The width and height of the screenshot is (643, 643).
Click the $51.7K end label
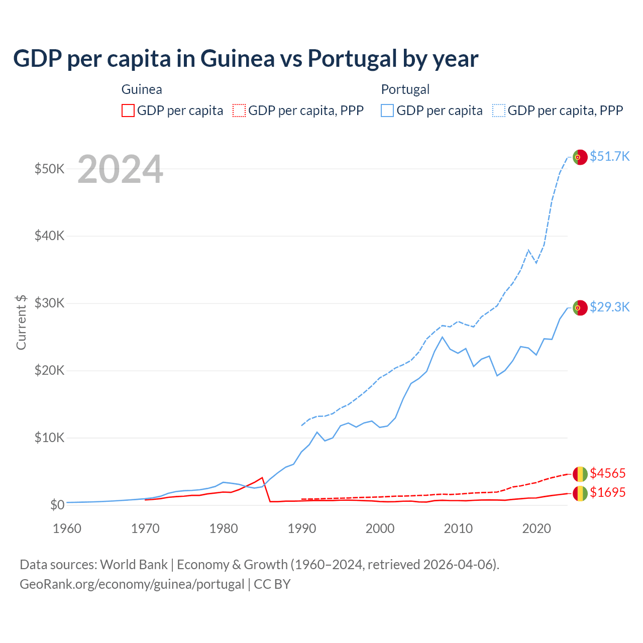pos(609,156)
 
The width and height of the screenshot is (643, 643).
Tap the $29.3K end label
pos(609,307)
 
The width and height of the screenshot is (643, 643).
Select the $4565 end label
pos(608,473)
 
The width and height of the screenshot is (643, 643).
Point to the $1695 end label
pos(608,492)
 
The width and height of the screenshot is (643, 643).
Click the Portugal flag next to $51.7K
pos(580,157)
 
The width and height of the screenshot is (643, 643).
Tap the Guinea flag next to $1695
pos(580,493)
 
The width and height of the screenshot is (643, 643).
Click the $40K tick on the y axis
pos(49,236)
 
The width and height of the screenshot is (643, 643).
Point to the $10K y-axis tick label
pos(49,438)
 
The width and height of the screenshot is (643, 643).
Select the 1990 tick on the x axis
pos(302,528)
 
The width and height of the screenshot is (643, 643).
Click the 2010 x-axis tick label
pos(458,528)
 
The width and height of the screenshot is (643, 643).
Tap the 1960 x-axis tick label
pos(67,528)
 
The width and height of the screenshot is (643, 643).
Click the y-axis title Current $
pos(21,322)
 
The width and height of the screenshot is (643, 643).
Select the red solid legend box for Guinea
pos(128,111)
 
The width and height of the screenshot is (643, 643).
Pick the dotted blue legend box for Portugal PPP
pos(499,111)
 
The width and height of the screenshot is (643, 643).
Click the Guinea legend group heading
pos(142,89)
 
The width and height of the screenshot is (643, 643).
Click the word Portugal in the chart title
pos(352,58)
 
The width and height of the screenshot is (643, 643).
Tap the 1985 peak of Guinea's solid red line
pos(262,477)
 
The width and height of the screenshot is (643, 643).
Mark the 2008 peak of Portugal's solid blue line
pos(442,337)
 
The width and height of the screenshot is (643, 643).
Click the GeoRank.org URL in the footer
pos(132,584)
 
